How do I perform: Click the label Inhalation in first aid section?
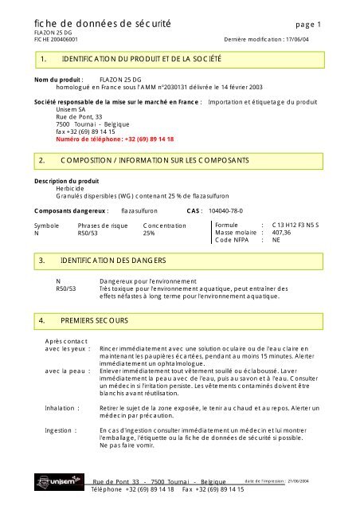(62, 407)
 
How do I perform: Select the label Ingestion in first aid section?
(61, 430)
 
